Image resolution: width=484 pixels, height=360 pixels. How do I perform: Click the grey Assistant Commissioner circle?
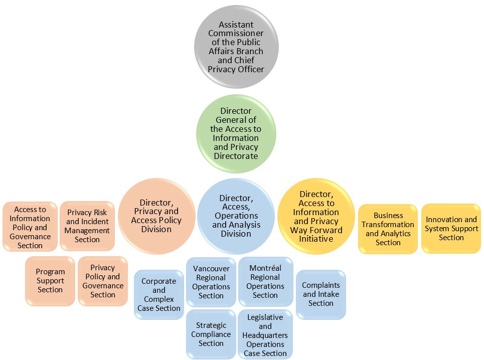(x=236, y=47)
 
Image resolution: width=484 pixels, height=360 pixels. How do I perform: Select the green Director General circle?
(x=236, y=133)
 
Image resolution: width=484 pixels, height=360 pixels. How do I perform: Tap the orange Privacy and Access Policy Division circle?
(x=156, y=216)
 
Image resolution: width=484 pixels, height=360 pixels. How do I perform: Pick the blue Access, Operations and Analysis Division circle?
(x=236, y=216)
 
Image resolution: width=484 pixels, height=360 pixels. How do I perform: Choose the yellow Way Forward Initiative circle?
(x=316, y=216)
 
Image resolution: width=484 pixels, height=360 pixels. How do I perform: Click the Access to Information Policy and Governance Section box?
(x=30, y=227)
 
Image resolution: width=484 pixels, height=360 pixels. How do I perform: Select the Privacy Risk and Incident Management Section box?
(x=87, y=226)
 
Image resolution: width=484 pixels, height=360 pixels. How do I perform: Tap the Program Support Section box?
(x=50, y=281)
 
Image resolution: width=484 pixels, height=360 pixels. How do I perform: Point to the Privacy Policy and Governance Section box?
(x=103, y=281)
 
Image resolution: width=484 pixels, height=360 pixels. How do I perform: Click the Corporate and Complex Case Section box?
(x=159, y=295)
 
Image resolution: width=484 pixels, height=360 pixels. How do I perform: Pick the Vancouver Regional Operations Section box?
(x=211, y=282)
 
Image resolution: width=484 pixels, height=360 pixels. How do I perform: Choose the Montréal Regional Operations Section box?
(x=265, y=281)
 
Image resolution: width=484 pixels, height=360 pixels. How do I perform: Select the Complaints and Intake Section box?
(x=321, y=294)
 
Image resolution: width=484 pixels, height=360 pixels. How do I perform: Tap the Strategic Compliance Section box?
(x=211, y=334)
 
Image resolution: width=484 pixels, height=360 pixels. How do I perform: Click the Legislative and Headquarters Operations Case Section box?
(x=265, y=335)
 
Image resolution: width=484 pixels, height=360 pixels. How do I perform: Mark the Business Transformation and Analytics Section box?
(x=388, y=229)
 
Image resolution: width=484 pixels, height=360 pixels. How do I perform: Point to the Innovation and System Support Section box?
(x=451, y=228)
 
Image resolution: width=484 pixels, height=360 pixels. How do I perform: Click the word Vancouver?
(x=211, y=269)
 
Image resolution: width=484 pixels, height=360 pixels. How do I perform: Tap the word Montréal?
(x=265, y=268)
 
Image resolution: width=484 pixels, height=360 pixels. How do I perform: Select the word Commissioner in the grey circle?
(x=236, y=34)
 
